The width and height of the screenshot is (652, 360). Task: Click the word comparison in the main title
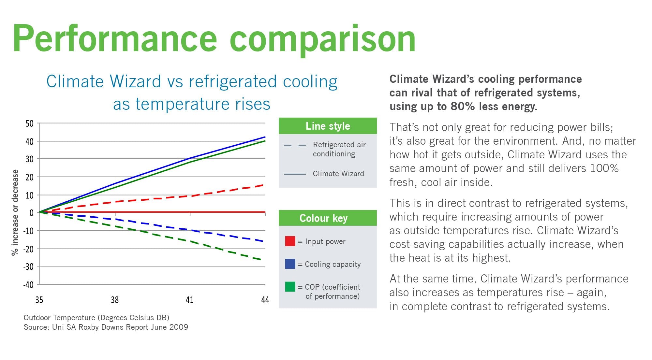click(x=322, y=39)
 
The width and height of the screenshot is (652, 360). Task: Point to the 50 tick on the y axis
click(x=29, y=123)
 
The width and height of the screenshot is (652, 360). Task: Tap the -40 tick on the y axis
click(x=28, y=285)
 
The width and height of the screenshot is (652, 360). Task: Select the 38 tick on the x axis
click(x=115, y=300)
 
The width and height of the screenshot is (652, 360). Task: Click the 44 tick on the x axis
click(x=265, y=300)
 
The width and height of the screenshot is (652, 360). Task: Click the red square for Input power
click(x=290, y=241)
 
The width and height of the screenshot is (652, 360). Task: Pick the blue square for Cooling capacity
click(x=290, y=264)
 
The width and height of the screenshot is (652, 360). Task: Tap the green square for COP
click(x=290, y=287)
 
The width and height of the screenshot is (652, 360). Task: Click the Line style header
click(x=328, y=126)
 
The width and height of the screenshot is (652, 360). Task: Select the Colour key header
click(x=323, y=218)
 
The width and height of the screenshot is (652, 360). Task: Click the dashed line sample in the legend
click(x=295, y=146)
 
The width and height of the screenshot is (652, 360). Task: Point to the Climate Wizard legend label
click(x=338, y=174)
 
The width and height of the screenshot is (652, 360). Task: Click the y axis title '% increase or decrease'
click(x=15, y=212)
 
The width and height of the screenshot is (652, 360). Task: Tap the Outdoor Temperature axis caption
click(x=96, y=318)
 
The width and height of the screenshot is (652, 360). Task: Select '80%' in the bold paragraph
click(x=463, y=107)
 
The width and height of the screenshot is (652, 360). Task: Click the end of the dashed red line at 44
click(x=263, y=185)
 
